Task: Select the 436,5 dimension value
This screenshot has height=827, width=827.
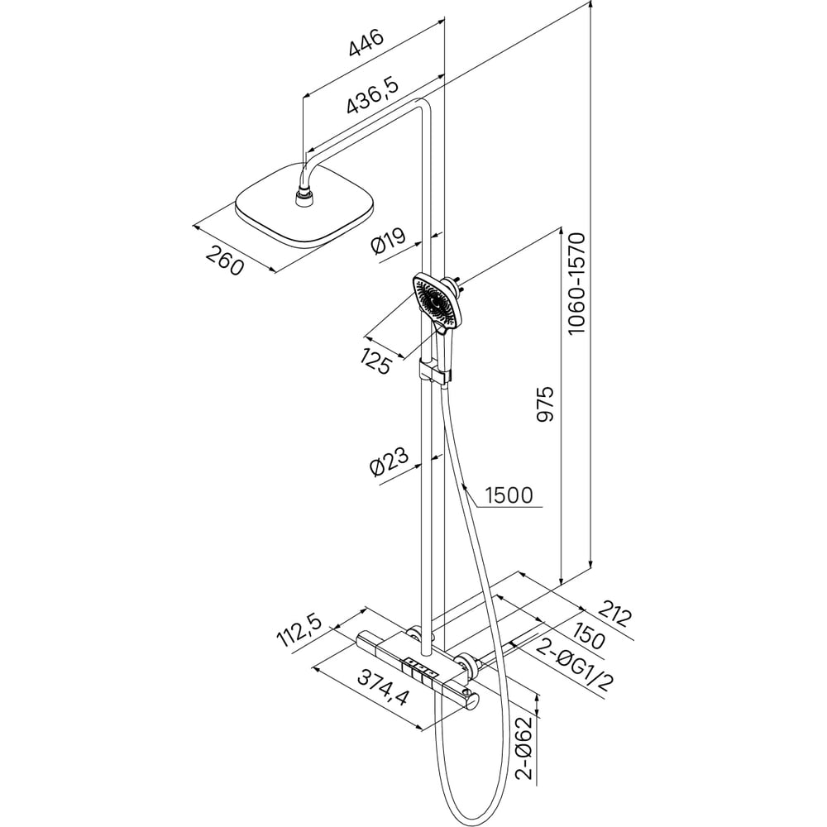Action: coord(372,94)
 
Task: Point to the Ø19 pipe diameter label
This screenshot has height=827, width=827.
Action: coord(390,241)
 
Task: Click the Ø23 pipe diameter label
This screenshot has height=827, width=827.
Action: coord(390,461)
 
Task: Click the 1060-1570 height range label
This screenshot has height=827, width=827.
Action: coord(576,283)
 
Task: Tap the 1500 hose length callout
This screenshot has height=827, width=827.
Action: coord(509,495)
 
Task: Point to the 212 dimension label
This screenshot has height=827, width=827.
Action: coord(615,616)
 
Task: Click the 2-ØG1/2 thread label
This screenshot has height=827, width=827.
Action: coord(575,666)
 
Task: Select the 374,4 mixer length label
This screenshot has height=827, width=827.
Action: coord(384,686)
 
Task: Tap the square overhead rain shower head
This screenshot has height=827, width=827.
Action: coord(305,206)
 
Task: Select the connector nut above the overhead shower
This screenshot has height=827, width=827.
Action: coord(304,198)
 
